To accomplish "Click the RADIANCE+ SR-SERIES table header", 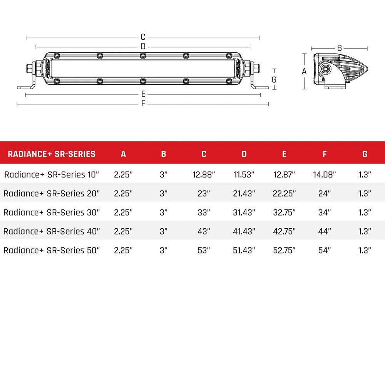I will pos(52,154).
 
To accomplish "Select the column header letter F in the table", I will pos(324,154).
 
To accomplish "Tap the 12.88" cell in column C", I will pos(204,174).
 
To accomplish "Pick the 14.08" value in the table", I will pos(324,174).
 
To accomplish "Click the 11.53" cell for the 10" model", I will pos(244,174).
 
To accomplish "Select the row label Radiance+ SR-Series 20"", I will pos(52,193).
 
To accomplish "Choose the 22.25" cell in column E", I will pos(284,193).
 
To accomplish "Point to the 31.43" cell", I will pos(244,212).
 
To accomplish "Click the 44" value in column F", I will pos(324,231).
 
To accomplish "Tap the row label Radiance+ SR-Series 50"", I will pos(52,250).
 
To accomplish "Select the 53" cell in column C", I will pos(204,250).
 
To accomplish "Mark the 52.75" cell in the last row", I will pos(284,250).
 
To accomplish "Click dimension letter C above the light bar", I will pos(143,37).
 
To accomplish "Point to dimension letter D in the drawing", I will pos(143,47).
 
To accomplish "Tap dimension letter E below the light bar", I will pos(143,94).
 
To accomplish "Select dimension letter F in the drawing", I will pos(143,104).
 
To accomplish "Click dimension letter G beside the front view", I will pos(274,79).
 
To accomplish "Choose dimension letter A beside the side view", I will pos(304,71).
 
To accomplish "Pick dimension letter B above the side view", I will pos(340,48).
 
